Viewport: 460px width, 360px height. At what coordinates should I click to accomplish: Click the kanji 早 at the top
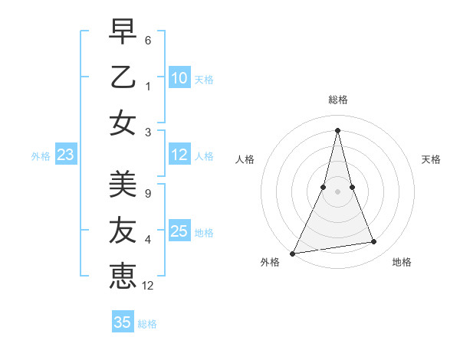[x=123, y=34]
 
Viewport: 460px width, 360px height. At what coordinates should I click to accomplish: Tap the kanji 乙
[x=123, y=78]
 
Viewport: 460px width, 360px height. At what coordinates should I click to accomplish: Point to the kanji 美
[x=123, y=184]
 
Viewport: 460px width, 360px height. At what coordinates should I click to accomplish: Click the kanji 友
[x=123, y=231]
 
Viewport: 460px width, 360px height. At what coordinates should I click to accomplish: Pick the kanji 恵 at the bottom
[x=123, y=276]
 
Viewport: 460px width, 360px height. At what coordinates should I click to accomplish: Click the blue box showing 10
[x=179, y=78]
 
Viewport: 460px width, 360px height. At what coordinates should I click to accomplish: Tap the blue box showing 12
[x=179, y=155]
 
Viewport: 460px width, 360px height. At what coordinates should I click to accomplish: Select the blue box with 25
[x=179, y=231]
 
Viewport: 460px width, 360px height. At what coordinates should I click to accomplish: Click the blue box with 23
[x=66, y=155]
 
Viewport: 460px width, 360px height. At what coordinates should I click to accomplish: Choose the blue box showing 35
[x=123, y=322]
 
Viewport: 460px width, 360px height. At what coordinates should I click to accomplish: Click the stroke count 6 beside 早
[x=148, y=39]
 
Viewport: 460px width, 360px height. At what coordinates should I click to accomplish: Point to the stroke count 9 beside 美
[x=148, y=193]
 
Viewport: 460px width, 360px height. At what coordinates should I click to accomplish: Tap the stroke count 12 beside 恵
[x=149, y=286]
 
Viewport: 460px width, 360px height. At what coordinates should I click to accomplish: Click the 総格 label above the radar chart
[x=337, y=100]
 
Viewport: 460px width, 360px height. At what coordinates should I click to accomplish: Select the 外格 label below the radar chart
[x=270, y=263]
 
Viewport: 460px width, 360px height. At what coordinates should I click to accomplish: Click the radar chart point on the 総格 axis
[x=337, y=129]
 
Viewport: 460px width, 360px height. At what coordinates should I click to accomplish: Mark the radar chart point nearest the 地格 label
[x=374, y=242]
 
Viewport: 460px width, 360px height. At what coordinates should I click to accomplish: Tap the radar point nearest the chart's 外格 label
[x=293, y=253]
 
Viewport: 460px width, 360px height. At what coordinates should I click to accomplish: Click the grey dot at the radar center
[x=337, y=191]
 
